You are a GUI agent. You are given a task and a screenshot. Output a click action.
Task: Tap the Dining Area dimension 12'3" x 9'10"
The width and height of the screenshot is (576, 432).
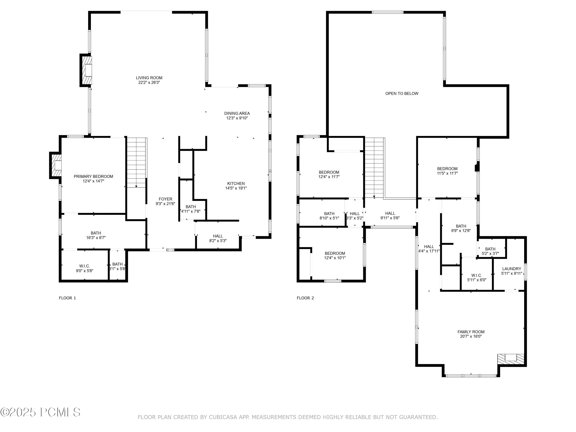237,118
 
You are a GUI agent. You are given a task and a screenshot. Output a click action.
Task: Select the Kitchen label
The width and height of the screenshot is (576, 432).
236,184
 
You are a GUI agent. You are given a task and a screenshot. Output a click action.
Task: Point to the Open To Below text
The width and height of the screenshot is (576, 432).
402,94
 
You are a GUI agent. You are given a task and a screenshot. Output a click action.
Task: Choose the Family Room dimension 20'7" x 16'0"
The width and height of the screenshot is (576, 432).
471,336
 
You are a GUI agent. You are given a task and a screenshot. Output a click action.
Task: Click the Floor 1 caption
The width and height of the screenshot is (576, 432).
67,298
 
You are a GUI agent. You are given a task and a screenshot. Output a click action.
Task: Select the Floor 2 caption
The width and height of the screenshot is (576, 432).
305,298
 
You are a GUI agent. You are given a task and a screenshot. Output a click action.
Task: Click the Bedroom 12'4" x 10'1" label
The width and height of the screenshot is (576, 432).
335,255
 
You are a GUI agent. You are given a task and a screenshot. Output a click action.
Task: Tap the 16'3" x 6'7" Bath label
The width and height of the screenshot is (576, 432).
96,235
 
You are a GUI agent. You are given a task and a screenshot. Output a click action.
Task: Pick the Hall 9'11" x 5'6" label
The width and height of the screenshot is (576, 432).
390,216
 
